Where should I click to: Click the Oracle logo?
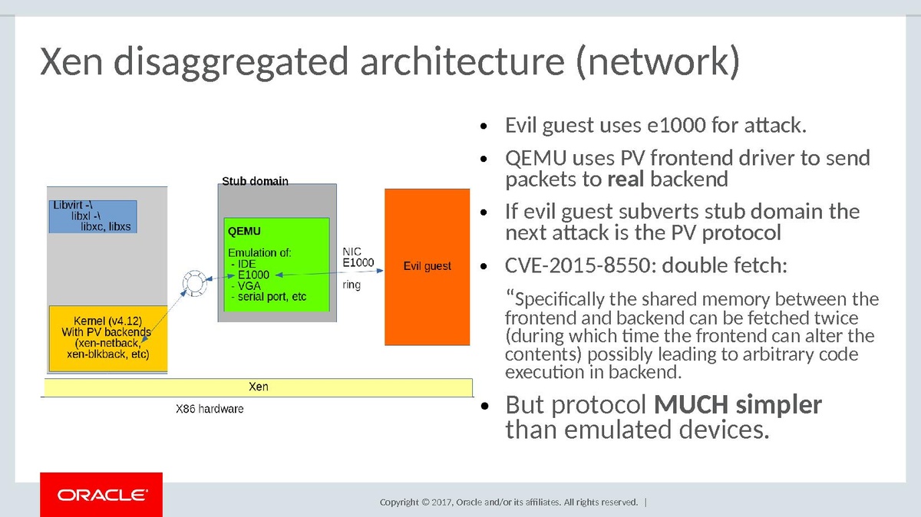coord(101,495)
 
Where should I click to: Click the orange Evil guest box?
coord(427,267)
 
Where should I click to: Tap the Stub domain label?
coord(255,181)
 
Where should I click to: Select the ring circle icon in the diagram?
coord(194,283)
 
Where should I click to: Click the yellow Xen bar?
coord(258,387)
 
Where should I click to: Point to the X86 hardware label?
coord(210,409)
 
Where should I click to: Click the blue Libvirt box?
coord(93,216)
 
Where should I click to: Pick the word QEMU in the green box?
coord(244,232)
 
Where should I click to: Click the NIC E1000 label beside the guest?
coord(358,257)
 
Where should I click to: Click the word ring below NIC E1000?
coord(352,285)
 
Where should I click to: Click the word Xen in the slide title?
coord(71,61)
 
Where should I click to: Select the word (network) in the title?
coord(658,61)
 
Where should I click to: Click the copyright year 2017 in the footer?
coord(442,502)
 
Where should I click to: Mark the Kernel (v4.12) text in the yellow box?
coord(107,321)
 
